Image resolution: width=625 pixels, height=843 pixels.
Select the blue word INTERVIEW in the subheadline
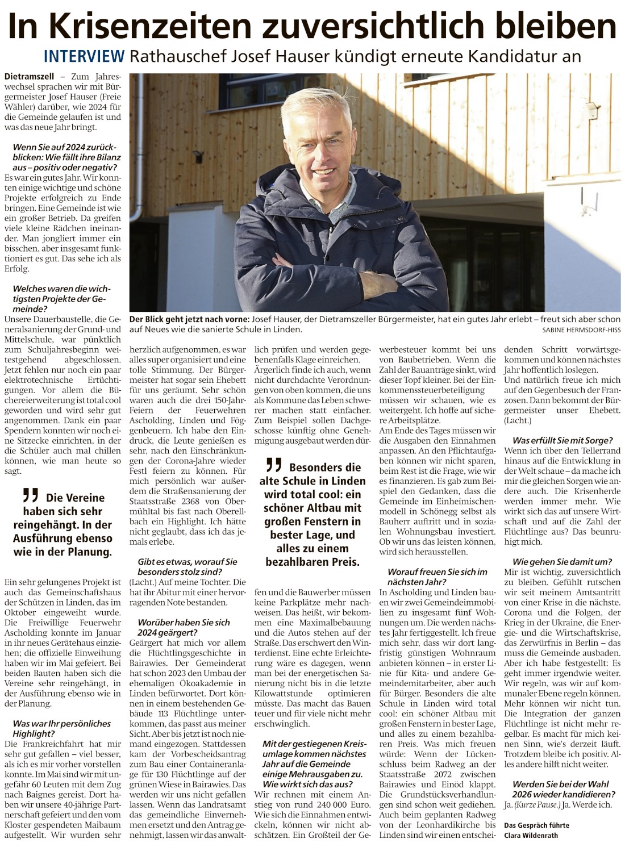[84, 56]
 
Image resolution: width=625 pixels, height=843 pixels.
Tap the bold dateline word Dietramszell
[28, 76]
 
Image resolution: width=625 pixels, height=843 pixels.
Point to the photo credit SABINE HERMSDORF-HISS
[581, 329]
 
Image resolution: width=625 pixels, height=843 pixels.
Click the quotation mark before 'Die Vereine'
[31, 495]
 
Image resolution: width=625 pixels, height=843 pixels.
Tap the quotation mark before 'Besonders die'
[274, 465]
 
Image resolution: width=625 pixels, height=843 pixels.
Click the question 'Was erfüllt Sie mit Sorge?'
[562, 440]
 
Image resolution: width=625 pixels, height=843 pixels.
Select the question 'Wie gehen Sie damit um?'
[562, 562]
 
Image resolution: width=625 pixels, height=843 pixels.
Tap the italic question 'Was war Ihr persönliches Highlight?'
[61, 728]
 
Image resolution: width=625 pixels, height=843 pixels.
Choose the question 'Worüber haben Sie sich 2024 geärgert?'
[183, 627]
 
